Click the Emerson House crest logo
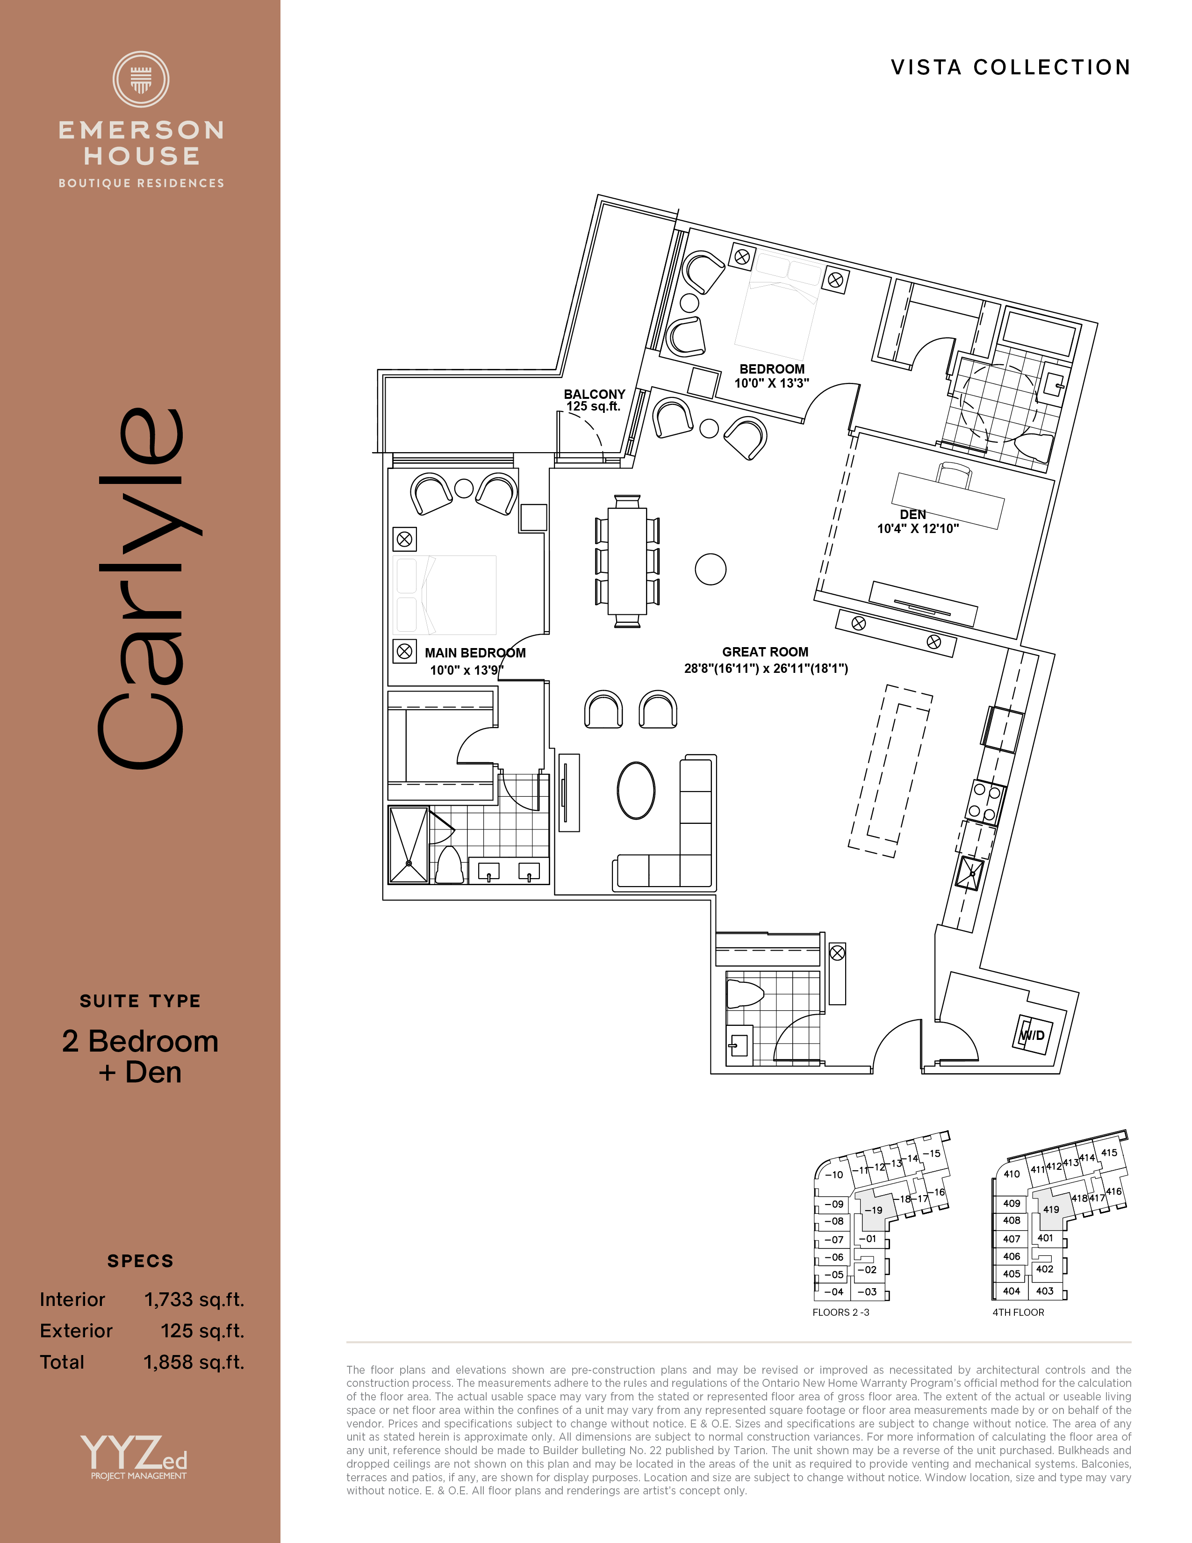(141, 79)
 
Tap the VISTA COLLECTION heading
(1011, 67)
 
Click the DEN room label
(912, 514)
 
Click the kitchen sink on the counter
(969, 872)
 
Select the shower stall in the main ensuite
(409, 845)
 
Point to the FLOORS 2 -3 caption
(840, 1312)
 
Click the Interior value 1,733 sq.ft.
(194, 1299)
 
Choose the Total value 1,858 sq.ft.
(194, 1362)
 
